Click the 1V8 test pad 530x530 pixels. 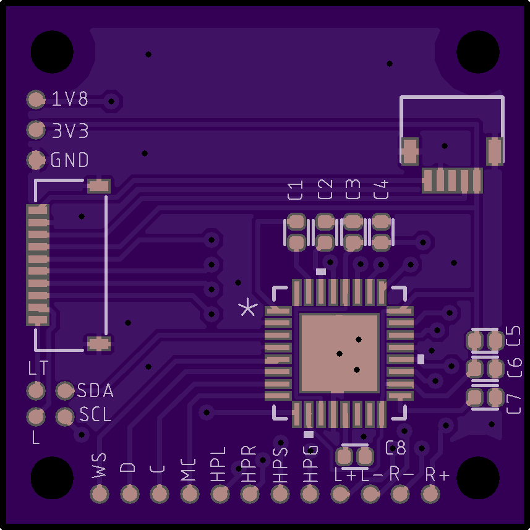pyautogui.click(x=36, y=100)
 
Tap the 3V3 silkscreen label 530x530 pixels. pyautogui.click(x=70, y=131)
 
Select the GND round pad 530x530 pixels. pyautogui.click(x=36, y=160)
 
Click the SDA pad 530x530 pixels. pyautogui.click(x=64, y=390)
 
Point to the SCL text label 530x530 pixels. pyautogui.click(x=95, y=414)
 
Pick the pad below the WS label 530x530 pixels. pyautogui.click(x=100, y=494)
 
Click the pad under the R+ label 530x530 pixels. pyautogui.click(x=430, y=494)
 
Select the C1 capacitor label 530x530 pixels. pyautogui.click(x=295, y=190)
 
